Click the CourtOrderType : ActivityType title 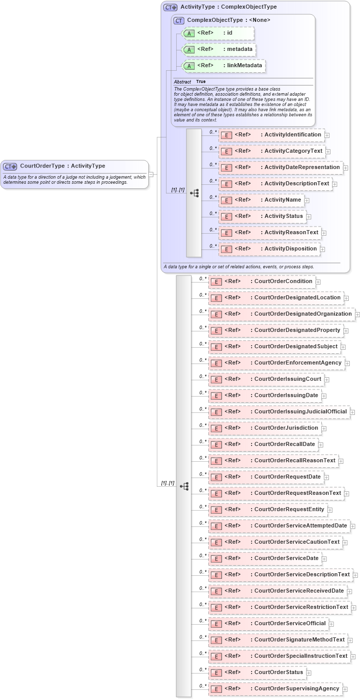pos(62,166)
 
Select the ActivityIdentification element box pos(271,135)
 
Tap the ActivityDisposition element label pos(291,249)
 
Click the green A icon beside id pos(189,34)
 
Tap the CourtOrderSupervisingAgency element pos(275,689)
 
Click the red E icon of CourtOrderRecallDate pos(216,444)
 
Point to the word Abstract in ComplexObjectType pos(182,81)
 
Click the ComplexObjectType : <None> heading pos(229,20)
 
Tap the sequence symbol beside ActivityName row pos(194,193)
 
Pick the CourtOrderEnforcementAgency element pos(276,363)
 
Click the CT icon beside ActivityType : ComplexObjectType pos(170,8)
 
